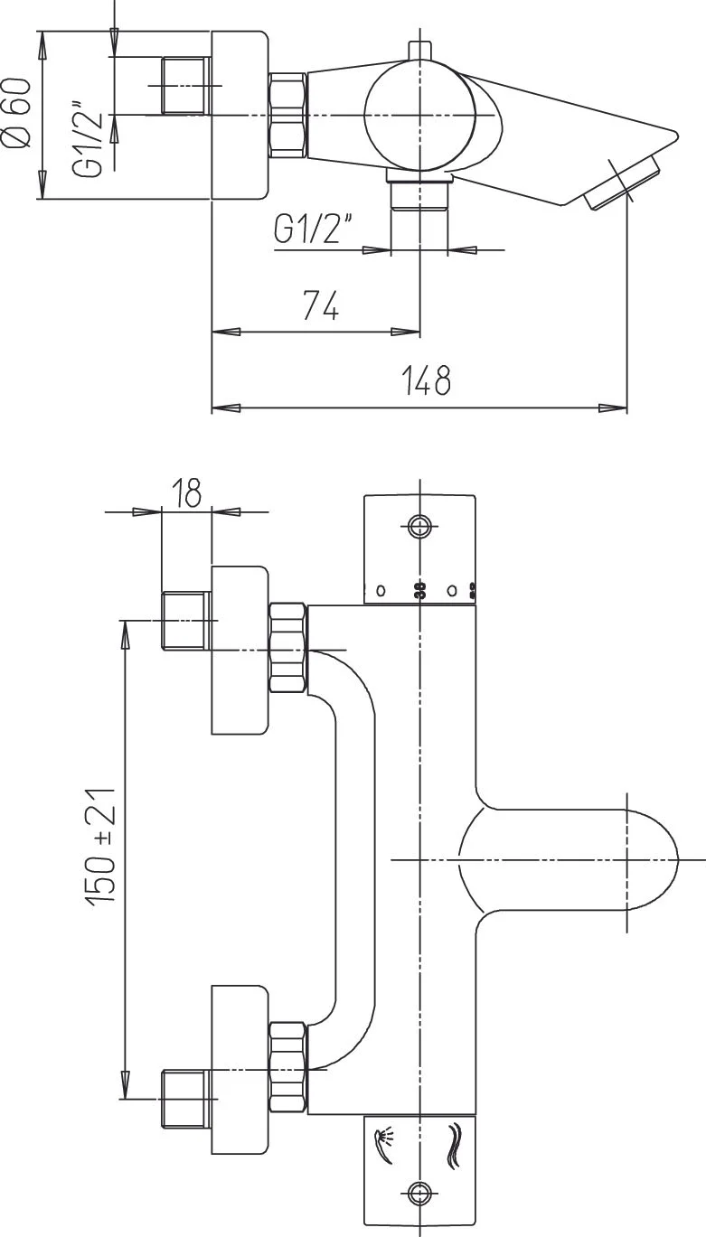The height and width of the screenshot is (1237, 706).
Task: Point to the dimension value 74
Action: click(x=320, y=307)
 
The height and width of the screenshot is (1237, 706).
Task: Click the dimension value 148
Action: click(x=426, y=380)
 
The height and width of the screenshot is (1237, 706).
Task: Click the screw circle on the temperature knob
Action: click(x=419, y=526)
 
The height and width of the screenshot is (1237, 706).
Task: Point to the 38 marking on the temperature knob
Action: click(x=419, y=591)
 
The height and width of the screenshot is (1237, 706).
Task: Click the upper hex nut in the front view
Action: click(x=288, y=649)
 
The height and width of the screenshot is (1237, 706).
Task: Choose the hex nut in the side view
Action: click(x=288, y=116)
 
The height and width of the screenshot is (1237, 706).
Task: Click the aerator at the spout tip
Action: click(x=624, y=184)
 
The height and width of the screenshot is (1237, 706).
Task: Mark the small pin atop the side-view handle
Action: click(x=419, y=51)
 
